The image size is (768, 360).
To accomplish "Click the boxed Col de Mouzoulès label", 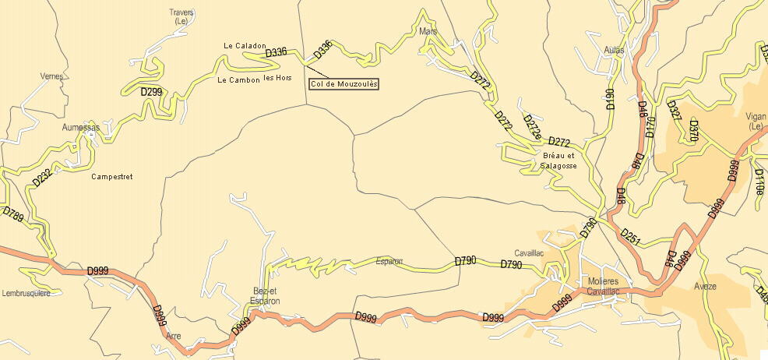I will (343, 83).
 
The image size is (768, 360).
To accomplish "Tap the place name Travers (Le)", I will (181, 17).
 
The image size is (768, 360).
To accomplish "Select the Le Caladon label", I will (245, 46).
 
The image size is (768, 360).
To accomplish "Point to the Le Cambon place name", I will (238, 79).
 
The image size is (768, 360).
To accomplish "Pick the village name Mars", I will (428, 32).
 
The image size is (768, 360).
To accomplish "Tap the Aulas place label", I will (614, 50).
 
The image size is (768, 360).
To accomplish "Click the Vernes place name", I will (51, 76).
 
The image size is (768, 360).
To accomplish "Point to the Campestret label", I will (111, 177).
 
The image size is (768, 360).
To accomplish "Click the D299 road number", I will (152, 91).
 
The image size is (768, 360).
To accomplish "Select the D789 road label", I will (12, 215).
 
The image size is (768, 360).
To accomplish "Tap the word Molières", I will (597, 281).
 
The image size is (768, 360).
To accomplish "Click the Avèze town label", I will (706, 286).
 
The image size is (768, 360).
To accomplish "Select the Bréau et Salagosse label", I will (559, 161).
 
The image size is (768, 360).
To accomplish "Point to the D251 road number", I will (629, 237).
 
